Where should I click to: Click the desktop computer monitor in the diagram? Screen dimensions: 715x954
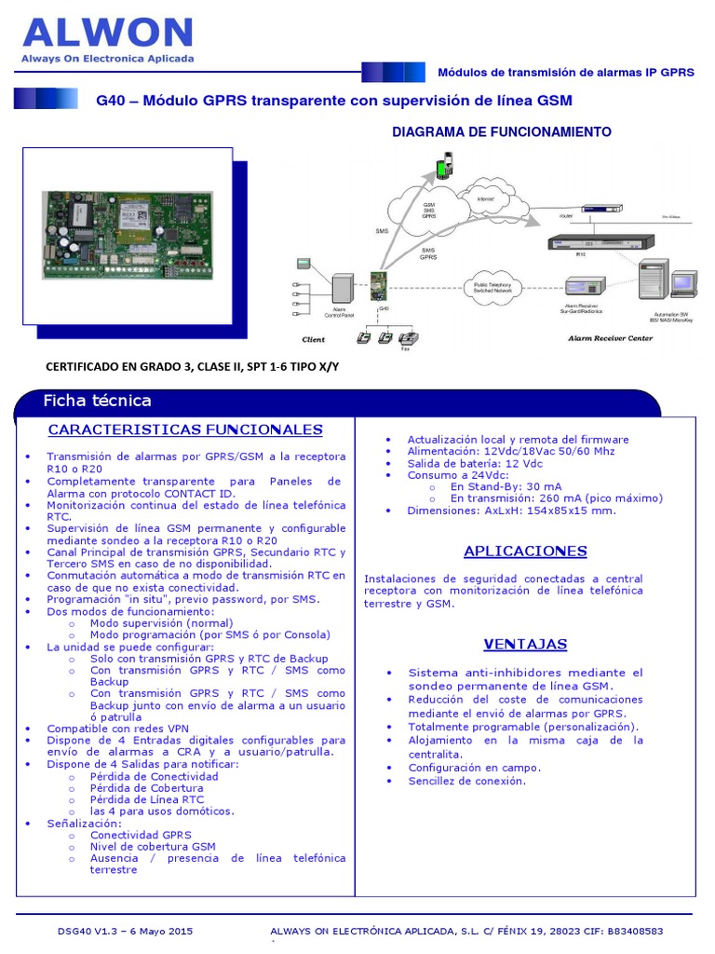(683, 281)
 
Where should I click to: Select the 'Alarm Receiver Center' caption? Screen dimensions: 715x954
(611, 339)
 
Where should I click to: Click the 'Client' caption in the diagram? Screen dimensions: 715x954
(314, 340)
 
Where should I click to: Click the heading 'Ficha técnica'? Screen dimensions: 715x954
(97, 402)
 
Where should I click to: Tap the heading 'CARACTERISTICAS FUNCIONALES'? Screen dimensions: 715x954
(185, 429)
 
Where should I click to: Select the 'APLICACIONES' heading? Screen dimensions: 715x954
(525, 551)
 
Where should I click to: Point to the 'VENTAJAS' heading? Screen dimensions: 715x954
(525, 644)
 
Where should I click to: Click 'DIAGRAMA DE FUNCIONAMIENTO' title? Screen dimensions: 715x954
(502, 132)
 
